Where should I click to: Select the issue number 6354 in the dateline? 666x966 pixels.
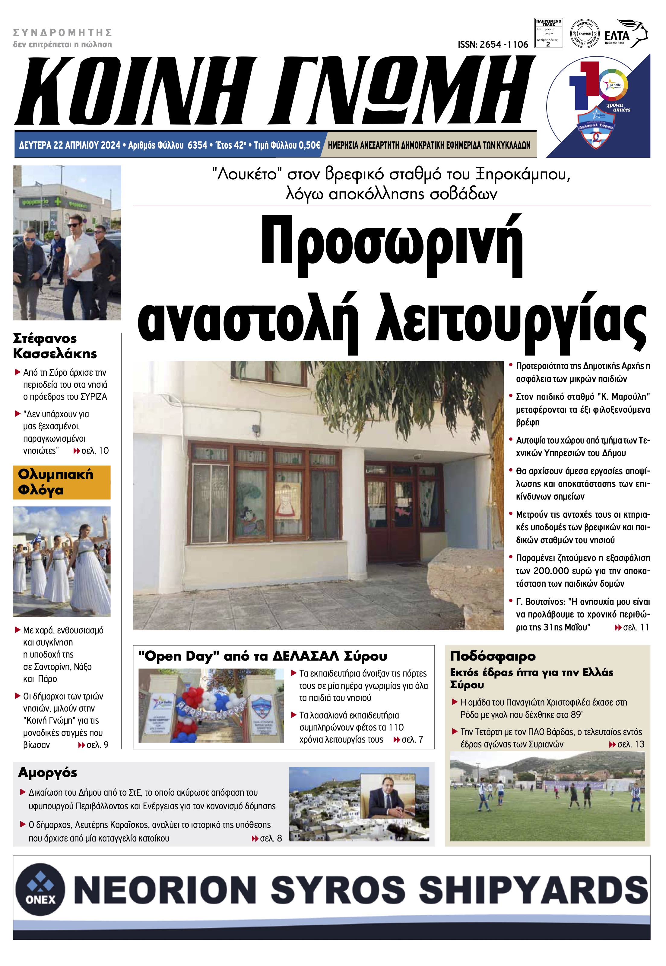tap(197, 145)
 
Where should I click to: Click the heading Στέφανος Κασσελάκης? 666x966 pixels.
tap(55, 346)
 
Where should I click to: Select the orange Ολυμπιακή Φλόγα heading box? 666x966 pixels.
tap(62, 482)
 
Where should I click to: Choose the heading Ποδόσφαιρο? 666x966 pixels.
tap(492, 656)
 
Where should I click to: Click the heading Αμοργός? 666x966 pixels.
tap(48, 772)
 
